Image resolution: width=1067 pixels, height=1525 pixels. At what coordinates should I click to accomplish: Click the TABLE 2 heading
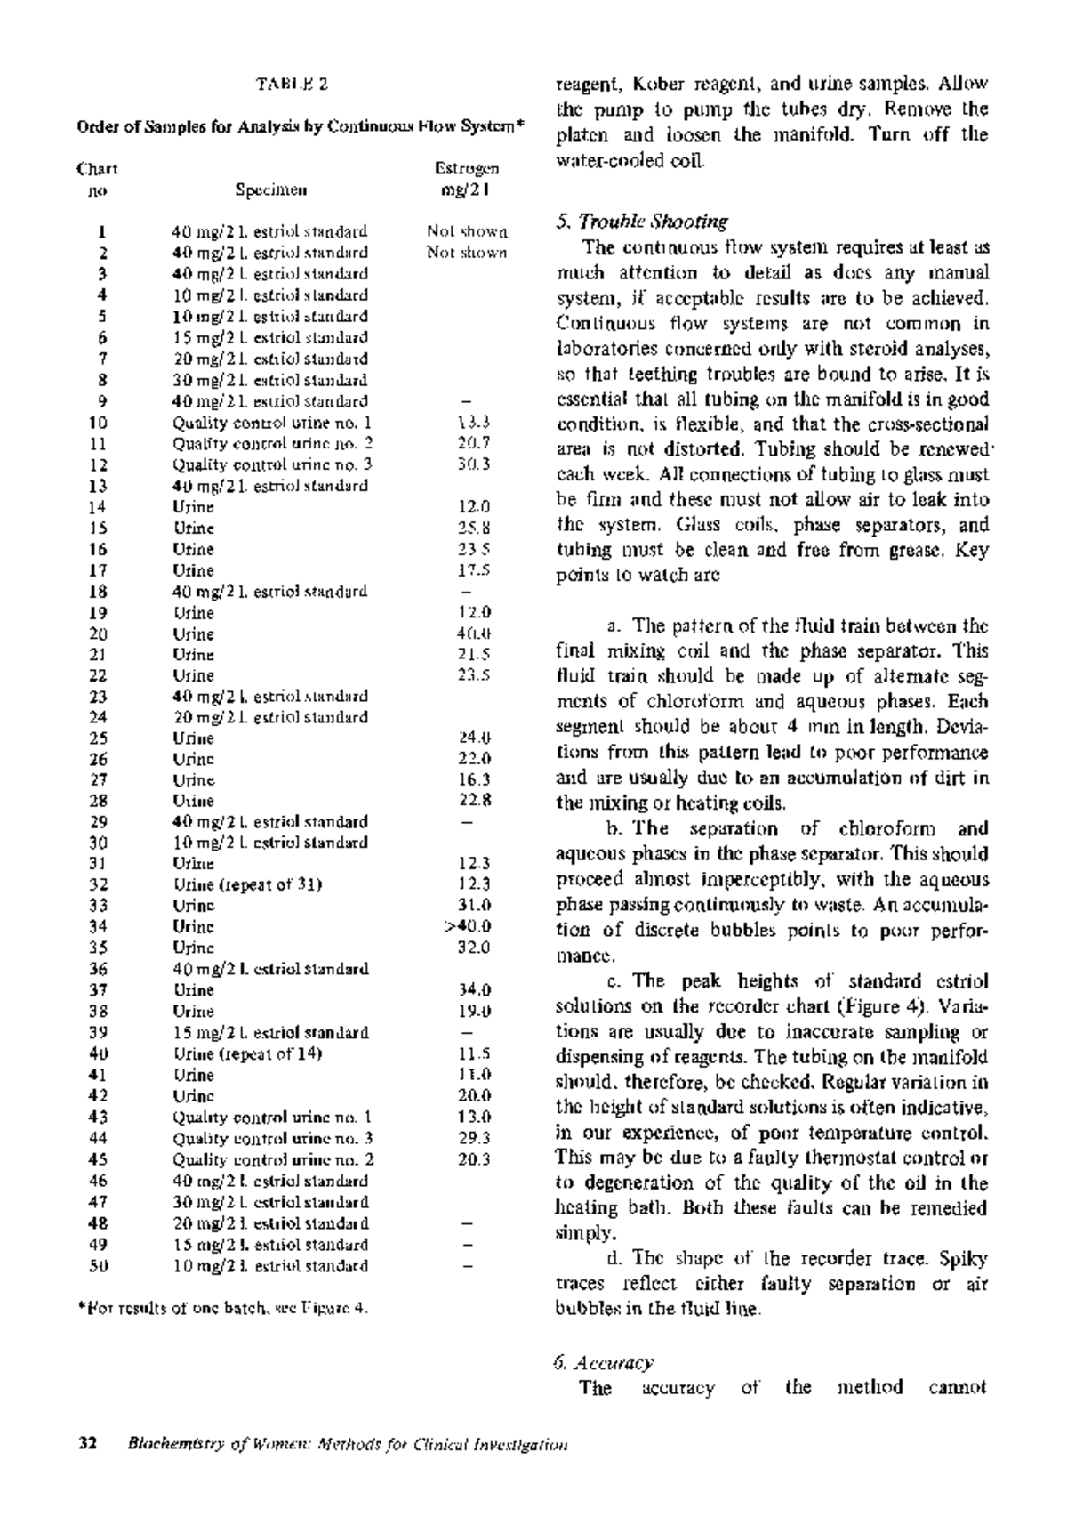pos(293,85)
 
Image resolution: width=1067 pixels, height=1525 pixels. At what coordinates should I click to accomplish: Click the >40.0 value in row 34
pos(468,926)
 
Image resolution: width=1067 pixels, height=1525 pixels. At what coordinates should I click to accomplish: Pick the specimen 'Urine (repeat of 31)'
pos(247,884)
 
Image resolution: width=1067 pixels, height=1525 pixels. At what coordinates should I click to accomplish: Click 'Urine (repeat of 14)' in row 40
pos(247,1053)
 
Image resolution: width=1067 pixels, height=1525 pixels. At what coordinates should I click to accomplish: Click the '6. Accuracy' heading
pos(603,1362)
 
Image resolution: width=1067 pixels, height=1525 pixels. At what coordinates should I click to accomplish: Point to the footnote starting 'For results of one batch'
pos(222,1309)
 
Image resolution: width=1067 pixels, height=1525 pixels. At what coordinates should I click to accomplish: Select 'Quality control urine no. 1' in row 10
pos(272,423)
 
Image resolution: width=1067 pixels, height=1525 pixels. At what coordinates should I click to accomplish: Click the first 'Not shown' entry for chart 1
pos(467,231)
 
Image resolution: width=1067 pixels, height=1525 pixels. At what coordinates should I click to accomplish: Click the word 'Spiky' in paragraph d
pos(966,1259)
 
